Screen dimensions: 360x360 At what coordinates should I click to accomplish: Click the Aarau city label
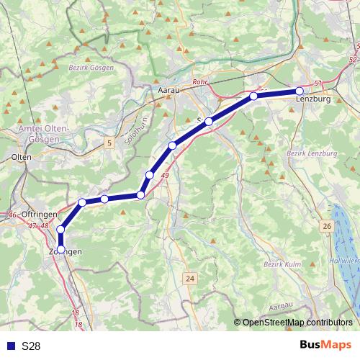[168, 91]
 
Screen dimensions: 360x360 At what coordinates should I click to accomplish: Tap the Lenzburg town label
[313, 99]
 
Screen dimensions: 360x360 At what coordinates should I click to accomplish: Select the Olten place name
[22, 156]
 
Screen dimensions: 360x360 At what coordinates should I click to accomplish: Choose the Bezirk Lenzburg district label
[312, 154]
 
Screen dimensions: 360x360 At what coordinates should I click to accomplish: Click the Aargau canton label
[282, 306]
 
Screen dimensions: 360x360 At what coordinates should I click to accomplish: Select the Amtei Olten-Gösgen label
[29, 132]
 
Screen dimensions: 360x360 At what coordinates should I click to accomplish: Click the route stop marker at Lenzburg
[300, 91]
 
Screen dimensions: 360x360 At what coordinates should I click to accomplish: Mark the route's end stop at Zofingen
[60, 249]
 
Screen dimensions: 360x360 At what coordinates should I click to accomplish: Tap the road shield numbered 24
[190, 278]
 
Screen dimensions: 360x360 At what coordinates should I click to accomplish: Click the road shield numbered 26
[327, 227]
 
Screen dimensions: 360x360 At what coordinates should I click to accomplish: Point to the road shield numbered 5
[109, 143]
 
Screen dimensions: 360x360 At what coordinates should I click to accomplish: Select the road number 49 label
[166, 175]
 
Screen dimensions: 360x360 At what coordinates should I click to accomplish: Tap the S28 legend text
[31, 346]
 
